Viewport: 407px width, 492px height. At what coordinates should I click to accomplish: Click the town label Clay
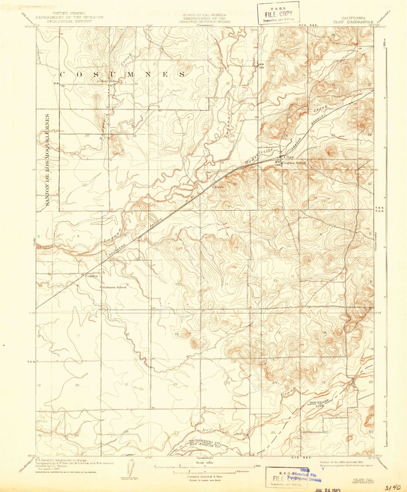pyautogui.click(x=289, y=157)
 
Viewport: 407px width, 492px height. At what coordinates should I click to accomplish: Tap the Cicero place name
pyautogui.click(x=218, y=187)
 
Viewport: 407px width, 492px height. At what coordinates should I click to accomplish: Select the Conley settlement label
pyautogui.click(x=92, y=276)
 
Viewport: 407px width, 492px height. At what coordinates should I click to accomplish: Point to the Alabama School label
pyautogui.click(x=114, y=287)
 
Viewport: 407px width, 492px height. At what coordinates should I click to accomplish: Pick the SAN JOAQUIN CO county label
pyautogui.click(x=204, y=446)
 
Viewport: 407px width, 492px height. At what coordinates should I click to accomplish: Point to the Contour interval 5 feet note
pyautogui.click(x=205, y=477)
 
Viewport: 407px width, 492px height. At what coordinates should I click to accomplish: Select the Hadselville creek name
pyautogui.click(x=259, y=157)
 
